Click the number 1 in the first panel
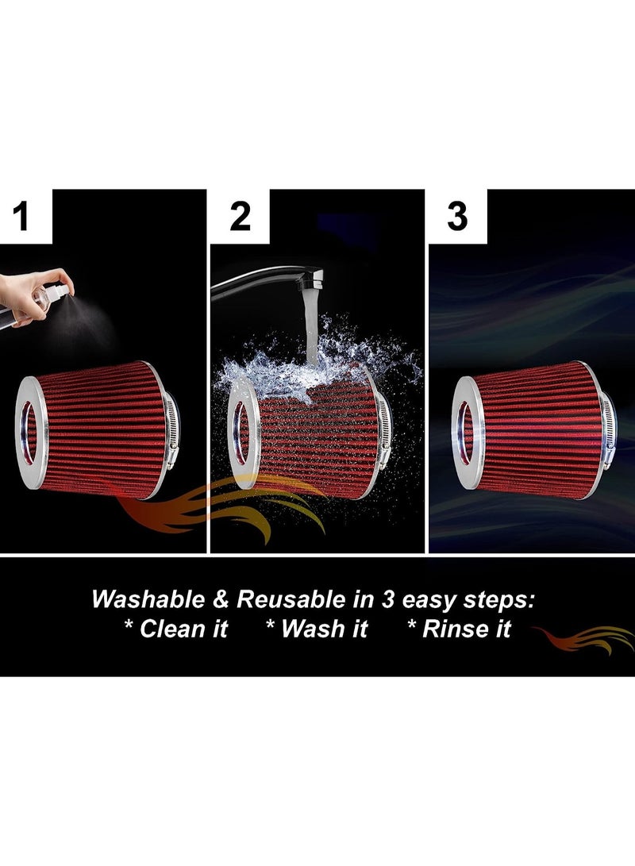(22, 216)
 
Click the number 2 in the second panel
(240, 216)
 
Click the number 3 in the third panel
(457, 216)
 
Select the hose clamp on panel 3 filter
(608, 433)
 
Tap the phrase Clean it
(175, 629)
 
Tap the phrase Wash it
(317, 629)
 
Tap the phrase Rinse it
(459, 629)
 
